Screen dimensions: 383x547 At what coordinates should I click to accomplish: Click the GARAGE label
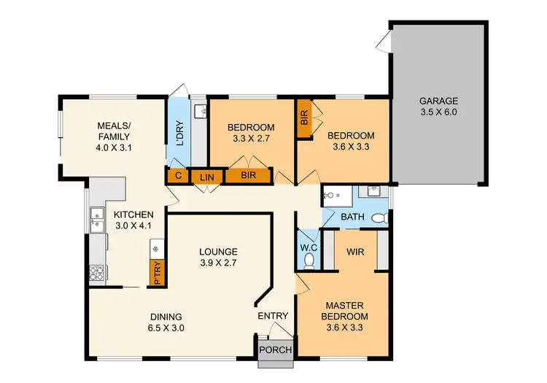438,101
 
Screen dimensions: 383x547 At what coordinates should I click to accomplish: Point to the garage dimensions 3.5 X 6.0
438,113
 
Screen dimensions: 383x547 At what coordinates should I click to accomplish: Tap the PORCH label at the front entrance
276,350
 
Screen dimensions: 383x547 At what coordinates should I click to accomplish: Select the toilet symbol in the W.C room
309,259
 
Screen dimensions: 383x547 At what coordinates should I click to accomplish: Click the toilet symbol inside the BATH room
379,218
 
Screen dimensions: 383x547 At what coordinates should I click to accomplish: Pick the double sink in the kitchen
96,218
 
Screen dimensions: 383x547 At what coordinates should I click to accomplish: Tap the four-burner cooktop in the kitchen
96,273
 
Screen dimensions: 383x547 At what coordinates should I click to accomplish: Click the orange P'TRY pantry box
156,273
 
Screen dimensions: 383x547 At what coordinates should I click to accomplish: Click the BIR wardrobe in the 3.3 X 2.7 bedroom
248,176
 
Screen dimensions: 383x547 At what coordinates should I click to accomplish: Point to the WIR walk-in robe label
355,252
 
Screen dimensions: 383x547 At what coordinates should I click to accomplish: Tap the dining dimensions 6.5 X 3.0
166,328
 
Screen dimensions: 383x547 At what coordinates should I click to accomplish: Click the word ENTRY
273,315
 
